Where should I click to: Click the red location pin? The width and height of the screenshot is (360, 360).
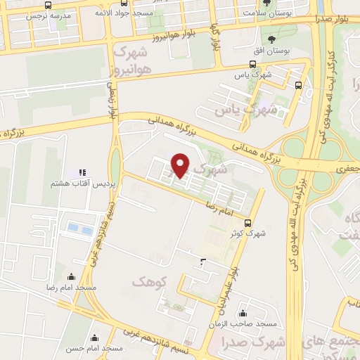[181, 165]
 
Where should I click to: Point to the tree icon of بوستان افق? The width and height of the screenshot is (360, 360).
[271, 39]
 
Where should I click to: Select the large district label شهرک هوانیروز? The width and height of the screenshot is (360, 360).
[131, 61]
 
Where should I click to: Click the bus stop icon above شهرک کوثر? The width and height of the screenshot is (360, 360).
[247, 224]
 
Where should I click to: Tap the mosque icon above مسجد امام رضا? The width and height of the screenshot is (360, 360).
[70, 277]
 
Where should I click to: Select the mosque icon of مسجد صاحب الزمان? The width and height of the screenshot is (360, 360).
[243, 313]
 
